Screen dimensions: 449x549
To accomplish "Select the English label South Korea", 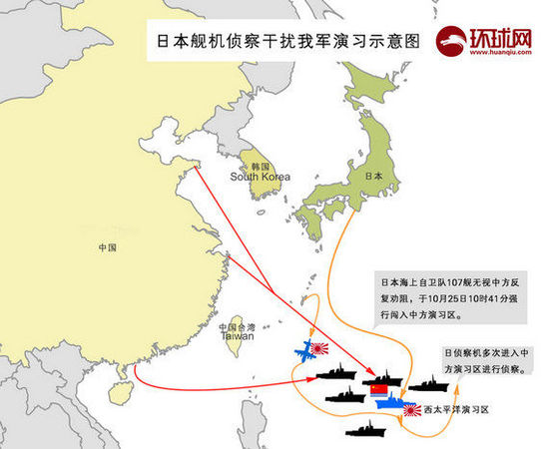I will point(260,177).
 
